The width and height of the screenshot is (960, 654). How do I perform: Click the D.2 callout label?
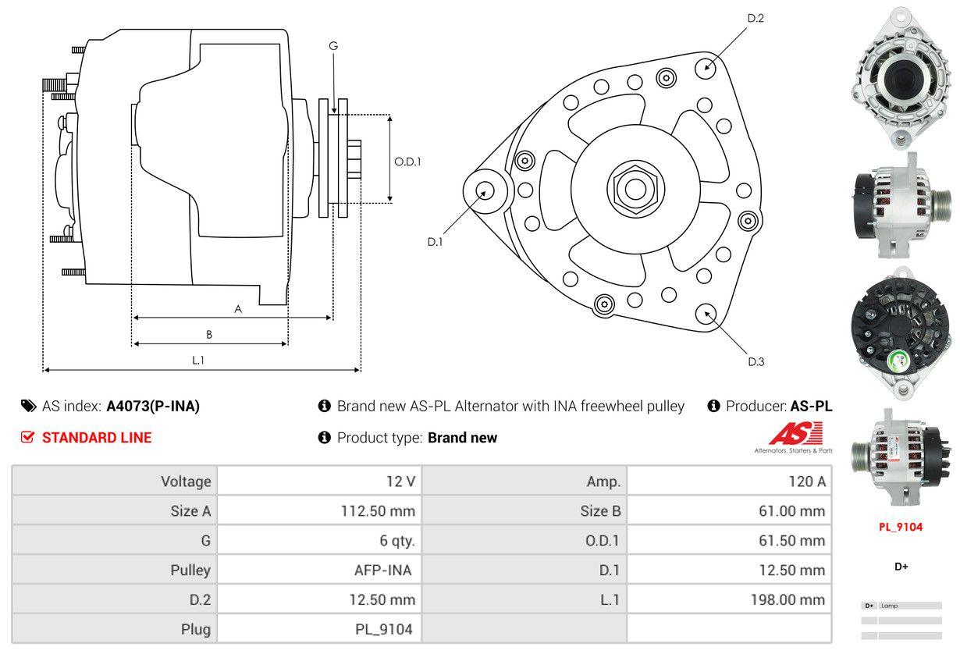click(x=755, y=18)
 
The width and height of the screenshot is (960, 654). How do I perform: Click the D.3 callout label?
click(x=756, y=361)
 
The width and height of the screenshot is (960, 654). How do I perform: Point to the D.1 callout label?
click(x=435, y=242)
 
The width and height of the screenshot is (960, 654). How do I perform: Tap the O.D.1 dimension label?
click(x=407, y=162)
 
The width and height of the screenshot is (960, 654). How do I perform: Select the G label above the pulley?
click(x=333, y=46)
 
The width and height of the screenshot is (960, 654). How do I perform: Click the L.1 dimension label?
click(x=198, y=361)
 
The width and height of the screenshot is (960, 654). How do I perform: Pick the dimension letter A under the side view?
click(x=238, y=309)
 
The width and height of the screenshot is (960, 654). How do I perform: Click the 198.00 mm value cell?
click(x=791, y=599)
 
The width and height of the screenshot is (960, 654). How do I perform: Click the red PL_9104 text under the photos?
click(x=901, y=527)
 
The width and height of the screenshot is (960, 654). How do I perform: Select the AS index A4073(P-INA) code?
click(x=153, y=406)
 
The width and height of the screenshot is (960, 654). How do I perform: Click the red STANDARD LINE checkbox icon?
click(x=28, y=437)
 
